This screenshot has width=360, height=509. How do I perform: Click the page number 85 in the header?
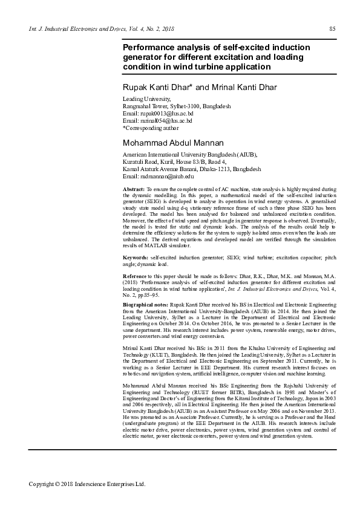(x=332, y=29)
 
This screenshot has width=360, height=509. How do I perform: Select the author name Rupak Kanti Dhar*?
(x=158, y=88)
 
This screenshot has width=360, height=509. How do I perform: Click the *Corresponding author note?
(x=151, y=128)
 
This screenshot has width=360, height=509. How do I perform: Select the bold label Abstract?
(x=133, y=190)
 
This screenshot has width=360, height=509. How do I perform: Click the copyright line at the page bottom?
(x=87, y=484)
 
